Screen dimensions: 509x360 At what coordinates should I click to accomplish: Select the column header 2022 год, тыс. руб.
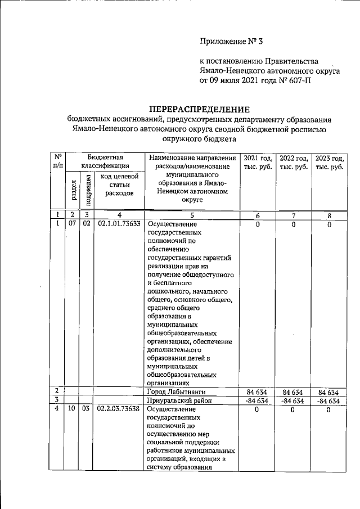pos(293,163)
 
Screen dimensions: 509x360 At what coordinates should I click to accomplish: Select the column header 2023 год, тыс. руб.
pos(329,163)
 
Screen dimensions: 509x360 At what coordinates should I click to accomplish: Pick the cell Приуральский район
pos(176,400)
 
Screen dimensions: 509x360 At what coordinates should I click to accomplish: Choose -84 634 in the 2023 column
pos(328,400)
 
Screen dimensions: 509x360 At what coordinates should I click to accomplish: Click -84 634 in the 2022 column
pos(292,400)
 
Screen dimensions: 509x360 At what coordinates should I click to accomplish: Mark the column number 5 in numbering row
pos(192,215)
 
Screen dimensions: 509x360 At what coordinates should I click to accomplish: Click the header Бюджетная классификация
pos(105,162)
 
